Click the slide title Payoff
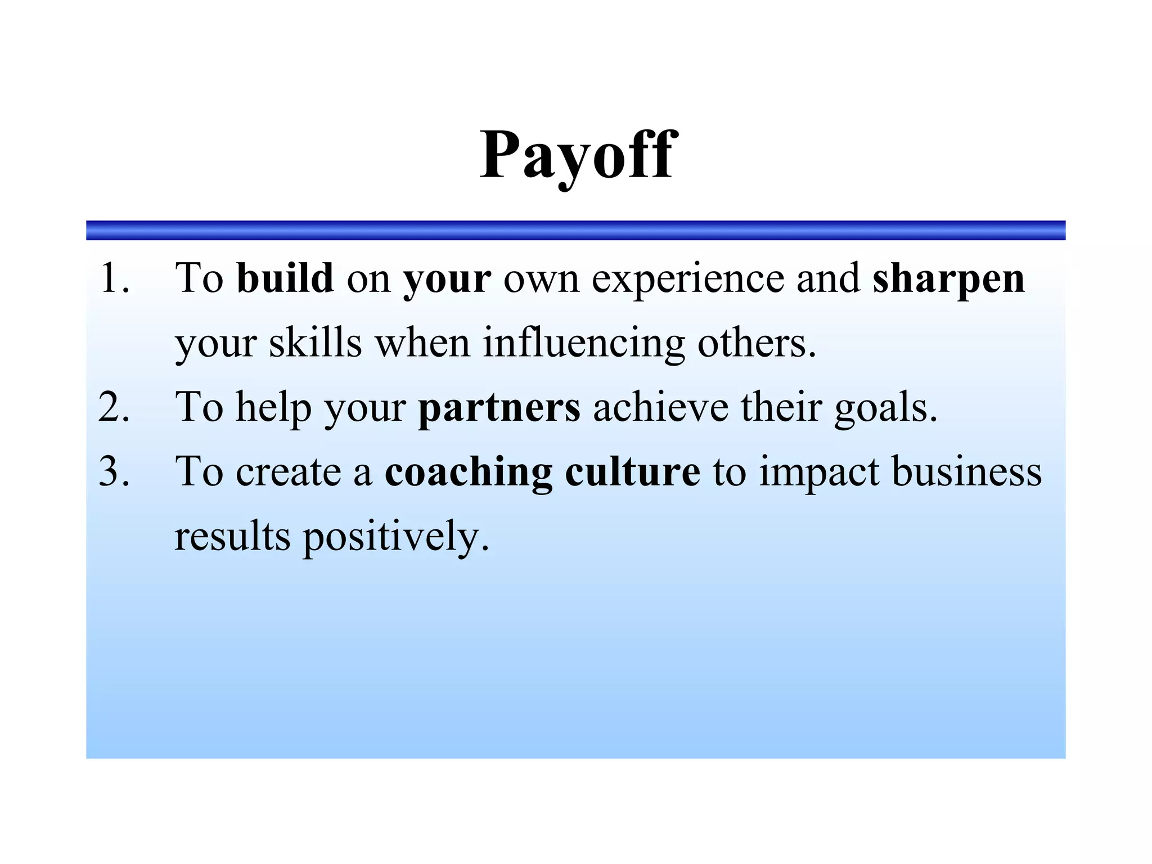tap(578, 155)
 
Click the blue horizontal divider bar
tap(575, 230)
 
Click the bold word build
tap(285, 278)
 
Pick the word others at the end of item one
tap(756, 343)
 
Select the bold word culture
tap(632, 471)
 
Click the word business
tap(966, 471)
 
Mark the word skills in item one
tap(315, 343)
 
